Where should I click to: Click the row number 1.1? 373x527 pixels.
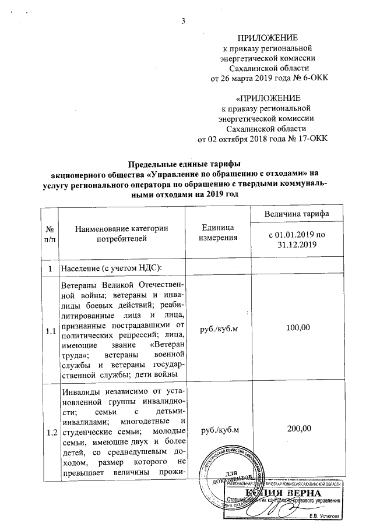point(51,331)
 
